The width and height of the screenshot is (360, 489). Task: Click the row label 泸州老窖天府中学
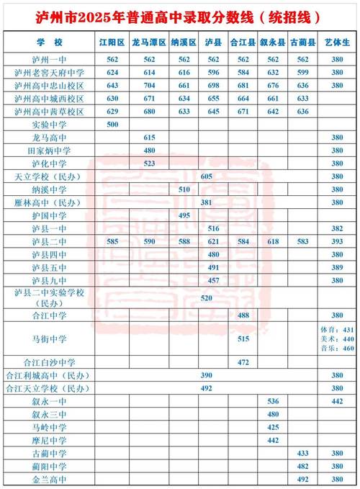[50, 73]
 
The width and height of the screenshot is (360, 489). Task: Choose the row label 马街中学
[50, 338]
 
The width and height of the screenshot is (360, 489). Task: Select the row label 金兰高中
[50, 479]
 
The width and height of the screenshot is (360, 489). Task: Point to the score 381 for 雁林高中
[207, 202]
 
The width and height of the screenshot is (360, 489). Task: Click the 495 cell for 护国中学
[184, 215]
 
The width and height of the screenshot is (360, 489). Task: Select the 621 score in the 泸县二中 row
[213, 241]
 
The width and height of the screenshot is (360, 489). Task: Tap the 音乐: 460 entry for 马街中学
[337, 349]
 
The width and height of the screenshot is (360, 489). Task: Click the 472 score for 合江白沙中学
[243, 362]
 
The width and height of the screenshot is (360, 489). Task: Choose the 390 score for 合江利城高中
[207, 375]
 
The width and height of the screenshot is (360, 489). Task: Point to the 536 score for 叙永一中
[273, 401]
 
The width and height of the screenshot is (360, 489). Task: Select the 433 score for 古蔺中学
[302, 453]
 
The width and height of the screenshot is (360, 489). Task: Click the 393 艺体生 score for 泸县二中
[337, 241]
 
